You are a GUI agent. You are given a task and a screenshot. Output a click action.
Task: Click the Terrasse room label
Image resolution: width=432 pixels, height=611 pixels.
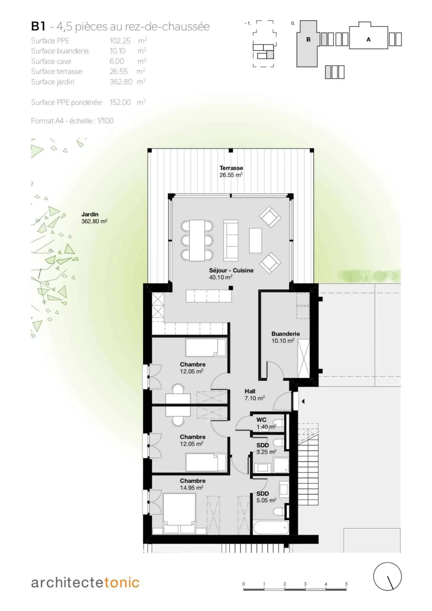pyautogui.click(x=231, y=168)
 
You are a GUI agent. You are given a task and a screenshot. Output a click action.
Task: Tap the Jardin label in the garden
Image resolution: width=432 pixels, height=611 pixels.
pyautogui.click(x=90, y=214)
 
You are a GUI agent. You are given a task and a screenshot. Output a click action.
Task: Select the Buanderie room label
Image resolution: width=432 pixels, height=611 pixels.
pyautogui.click(x=286, y=334)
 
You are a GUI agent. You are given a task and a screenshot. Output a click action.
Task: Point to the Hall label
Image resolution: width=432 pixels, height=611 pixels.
pyautogui.click(x=250, y=391)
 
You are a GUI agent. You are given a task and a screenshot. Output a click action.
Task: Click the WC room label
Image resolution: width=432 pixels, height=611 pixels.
pyautogui.click(x=261, y=420)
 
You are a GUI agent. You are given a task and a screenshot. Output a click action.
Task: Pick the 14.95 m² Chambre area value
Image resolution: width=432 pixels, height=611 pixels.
pyautogui.click(x=191, y=488)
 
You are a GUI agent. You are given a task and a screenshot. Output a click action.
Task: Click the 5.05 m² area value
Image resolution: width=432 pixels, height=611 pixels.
pyautogui.click(x=266, y=500)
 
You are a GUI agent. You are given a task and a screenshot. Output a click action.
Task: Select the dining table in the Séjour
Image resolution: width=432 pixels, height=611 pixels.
pyautogui.click(x=197, y=240)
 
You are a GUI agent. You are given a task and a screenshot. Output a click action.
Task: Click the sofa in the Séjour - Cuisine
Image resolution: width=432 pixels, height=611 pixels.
pyautogui.click(x=231, y=240)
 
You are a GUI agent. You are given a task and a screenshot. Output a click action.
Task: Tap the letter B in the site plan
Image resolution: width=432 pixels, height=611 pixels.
pyautogui.click(x=308, y=39)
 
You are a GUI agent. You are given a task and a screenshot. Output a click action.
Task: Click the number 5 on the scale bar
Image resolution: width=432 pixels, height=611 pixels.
pyautogui.click(x=346, y=584)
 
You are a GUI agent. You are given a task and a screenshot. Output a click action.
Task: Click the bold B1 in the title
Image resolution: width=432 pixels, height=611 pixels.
pyautogui.click(x=38, y=26)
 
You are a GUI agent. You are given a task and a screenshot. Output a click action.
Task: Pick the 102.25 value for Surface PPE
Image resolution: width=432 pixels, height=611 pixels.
pyautogui.click(x=120, y=41)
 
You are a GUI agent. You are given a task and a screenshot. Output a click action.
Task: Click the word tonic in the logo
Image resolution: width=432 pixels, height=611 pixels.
pyautogui.click(x=121, y=583)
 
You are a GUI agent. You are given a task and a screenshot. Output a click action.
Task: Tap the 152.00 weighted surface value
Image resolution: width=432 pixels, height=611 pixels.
pyautogui.click(x=120, y=102)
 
